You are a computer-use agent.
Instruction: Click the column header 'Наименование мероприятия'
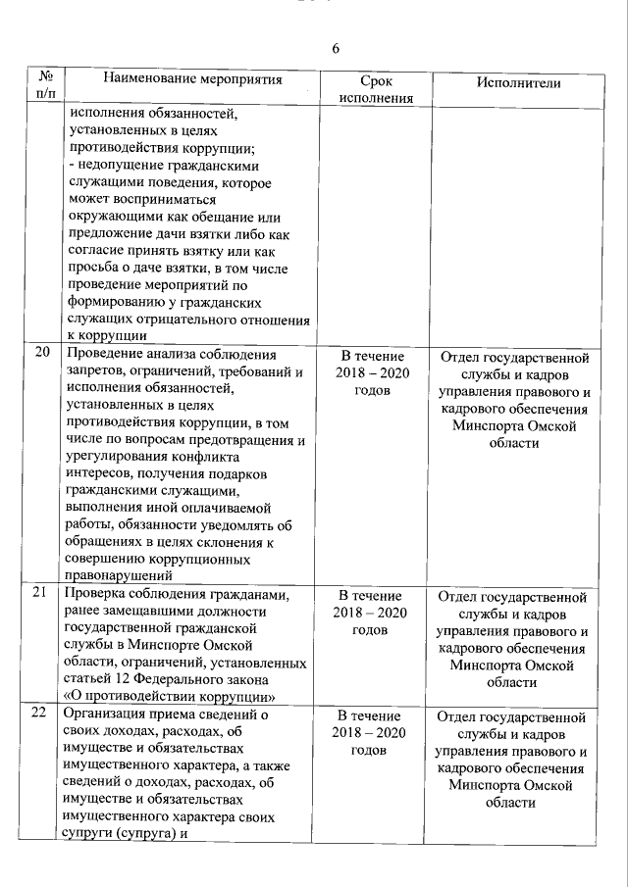(x=192, y=79)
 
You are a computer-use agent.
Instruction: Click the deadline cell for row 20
(x=371, y=373)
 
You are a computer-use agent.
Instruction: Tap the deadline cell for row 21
(x=371, y=612)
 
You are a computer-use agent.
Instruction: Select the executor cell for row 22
(x=515, y=758)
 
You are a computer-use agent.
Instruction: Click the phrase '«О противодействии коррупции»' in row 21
(x=167, y=696)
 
